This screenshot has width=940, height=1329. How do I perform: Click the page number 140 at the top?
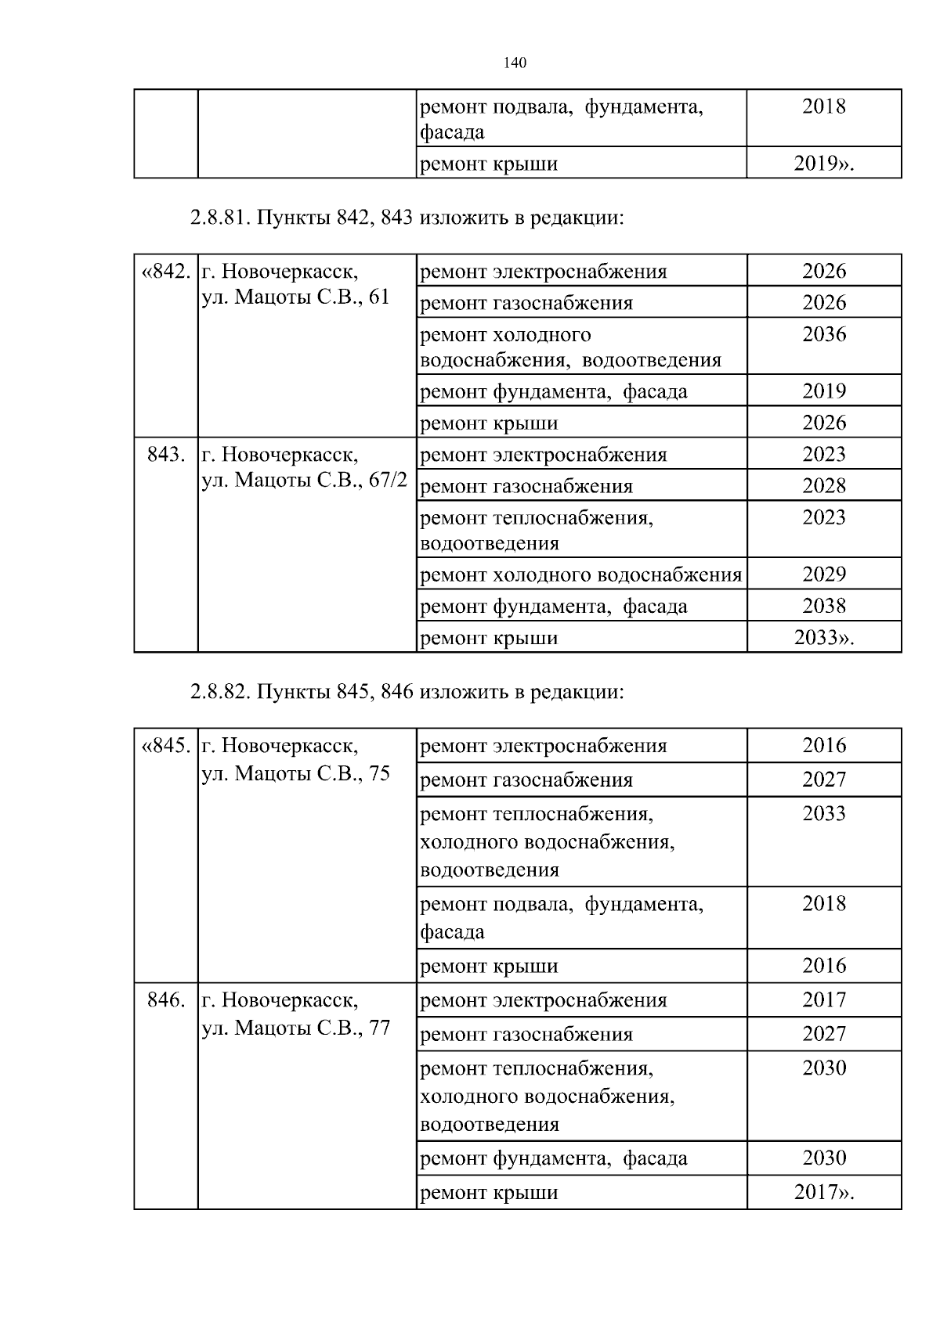pos(515,63)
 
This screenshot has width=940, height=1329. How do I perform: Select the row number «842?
pos(165,272)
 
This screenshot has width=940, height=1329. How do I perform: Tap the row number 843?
pos(165,454)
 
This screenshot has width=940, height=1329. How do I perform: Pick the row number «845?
pos(165,745)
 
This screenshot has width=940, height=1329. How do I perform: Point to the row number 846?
pos(165,999)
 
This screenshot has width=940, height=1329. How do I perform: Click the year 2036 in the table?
pos(824,334)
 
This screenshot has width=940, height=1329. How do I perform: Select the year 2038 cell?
pos(824,606)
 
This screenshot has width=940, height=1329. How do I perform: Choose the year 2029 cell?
pos(824,574)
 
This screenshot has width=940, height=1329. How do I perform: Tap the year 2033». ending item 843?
pos(824,638)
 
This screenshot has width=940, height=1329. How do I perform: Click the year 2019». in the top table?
pos(824,164)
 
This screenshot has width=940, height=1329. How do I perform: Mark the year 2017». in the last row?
pos(824,1193)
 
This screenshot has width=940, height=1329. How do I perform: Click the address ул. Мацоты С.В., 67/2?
pos(304,480)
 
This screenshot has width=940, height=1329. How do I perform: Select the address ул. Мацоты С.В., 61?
pos(295,297)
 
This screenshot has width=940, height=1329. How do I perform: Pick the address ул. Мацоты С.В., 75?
pos(295,773)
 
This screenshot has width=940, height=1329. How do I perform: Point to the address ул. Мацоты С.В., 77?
pos(295,1028)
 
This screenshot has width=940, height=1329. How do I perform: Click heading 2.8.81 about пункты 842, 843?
pos(407,218)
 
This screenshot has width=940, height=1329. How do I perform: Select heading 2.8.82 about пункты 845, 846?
pos(407,692)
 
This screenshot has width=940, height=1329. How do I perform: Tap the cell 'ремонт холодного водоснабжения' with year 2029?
pos(580,574)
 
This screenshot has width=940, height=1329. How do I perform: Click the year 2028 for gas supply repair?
pos(824,486)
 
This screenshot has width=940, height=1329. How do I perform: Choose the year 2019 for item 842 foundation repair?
pos(824,391)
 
